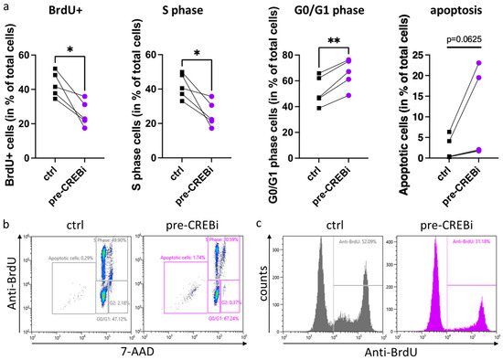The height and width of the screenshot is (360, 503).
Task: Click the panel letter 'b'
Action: click(x=6, y=213)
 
